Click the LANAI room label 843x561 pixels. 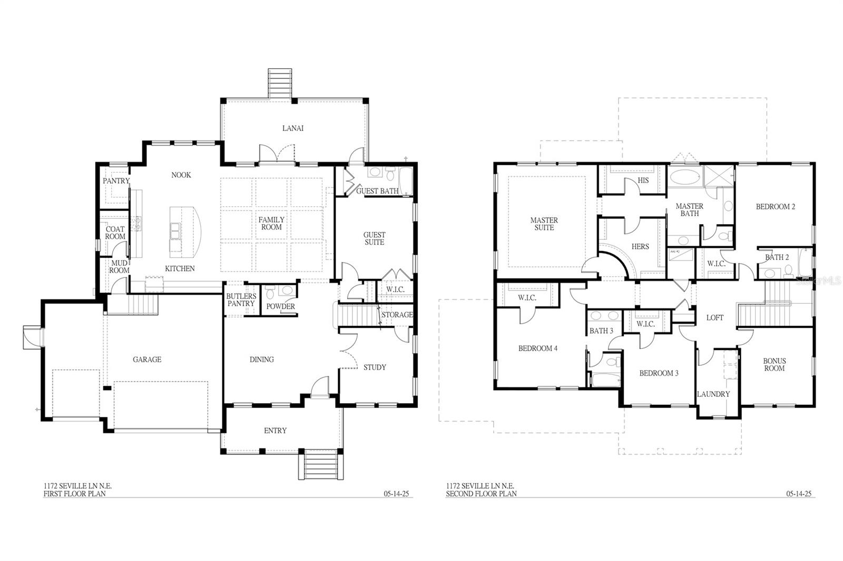pos(292,128)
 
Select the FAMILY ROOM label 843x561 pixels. pos(271,223)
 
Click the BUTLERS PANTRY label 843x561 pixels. pos(241,300)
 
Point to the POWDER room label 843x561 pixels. pos(280,306)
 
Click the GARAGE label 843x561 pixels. pos(146,359)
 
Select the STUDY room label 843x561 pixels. pos(375,367)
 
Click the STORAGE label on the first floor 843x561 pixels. pos(397,315)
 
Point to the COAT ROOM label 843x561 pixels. pos(115,233)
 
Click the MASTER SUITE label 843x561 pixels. pos(544,224)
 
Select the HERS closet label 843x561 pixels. pos(640,246)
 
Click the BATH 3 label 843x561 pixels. pos(601,331)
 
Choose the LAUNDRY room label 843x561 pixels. pos(713,394)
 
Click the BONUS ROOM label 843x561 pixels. pos(774,364)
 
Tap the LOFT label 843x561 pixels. pos(714,318)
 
